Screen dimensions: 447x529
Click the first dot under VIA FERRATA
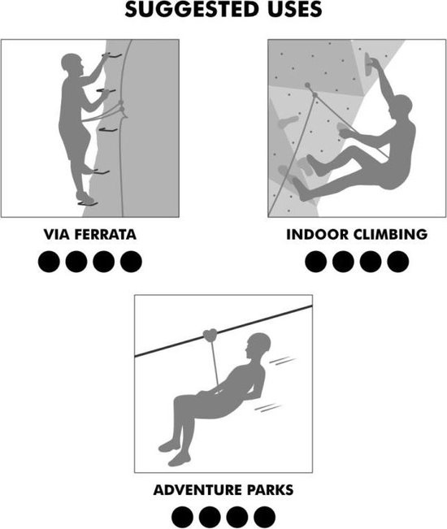point(49,262)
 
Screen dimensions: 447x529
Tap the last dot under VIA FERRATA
point(131,262)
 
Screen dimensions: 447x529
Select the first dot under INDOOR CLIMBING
point(316,262)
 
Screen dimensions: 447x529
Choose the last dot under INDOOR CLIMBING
point(398,262)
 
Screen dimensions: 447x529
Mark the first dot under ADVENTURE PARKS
point(182,517)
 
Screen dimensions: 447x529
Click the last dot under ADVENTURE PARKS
point(264,517)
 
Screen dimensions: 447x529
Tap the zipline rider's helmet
point(259,342)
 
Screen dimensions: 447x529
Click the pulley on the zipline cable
point(210,335)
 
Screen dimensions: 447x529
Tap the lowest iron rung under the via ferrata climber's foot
point(88,204)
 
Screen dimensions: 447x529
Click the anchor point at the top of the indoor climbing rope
point(308,85)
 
